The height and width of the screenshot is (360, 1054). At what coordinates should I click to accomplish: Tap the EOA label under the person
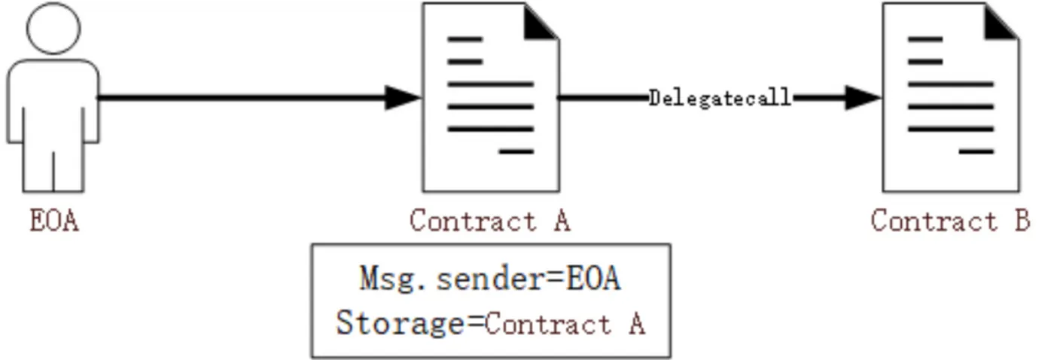click(54, 221)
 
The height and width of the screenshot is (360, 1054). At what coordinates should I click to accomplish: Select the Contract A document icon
click(490, 98)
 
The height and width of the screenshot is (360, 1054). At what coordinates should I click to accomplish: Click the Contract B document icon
click(950, 98)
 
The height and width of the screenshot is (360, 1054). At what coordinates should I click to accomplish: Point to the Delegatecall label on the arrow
click(720, 98)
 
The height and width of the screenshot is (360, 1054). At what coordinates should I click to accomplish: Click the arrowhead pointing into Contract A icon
click(403, 97)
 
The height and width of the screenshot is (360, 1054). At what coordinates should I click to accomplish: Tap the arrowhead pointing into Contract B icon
click(863, 97)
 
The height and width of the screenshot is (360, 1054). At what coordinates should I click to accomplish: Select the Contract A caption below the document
click(490, 221)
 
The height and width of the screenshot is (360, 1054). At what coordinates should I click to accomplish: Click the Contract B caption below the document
click(950, 221)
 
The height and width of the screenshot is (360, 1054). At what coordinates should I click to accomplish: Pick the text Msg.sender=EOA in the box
click(490, 279)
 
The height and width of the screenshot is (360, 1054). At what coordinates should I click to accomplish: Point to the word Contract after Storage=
click(547, 325)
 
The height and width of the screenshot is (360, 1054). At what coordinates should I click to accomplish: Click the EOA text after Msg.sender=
click(593, 279)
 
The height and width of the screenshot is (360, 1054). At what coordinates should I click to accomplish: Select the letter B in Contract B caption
click(1020, 221)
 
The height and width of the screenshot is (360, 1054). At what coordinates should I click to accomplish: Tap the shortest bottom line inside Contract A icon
click(516, 151)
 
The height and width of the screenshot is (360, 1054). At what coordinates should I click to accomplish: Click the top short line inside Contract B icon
click(925, 38)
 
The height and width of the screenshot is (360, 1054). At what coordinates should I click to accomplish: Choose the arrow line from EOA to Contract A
click(241, 97)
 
